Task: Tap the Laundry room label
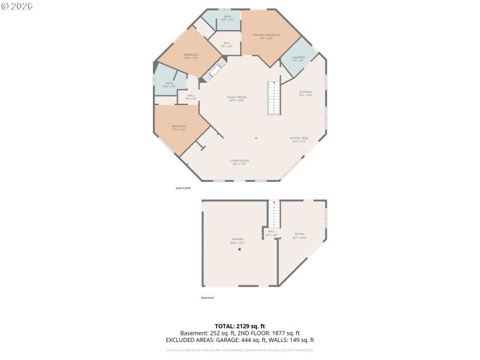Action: click(298, 58)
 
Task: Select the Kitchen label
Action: click(306, 92)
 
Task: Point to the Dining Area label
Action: click(299, 138)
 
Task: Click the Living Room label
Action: click(239, 161)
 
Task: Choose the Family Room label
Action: click(237, 97)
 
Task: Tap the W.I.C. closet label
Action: click(227, 43)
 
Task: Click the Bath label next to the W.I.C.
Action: click(227, 16)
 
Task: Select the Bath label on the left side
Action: click(169, 83)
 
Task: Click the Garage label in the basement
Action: click(238, 239)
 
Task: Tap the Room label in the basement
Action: click(299, 233)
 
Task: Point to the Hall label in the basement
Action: click(272, 231)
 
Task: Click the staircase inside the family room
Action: click(274, 98)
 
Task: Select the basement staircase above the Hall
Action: click(274, 214)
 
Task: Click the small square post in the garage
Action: click(238, 249)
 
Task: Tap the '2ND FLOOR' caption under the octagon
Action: click(183, 188)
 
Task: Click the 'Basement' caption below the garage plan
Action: click(207, 298)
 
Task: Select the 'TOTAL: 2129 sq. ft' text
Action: click(239, 326)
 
